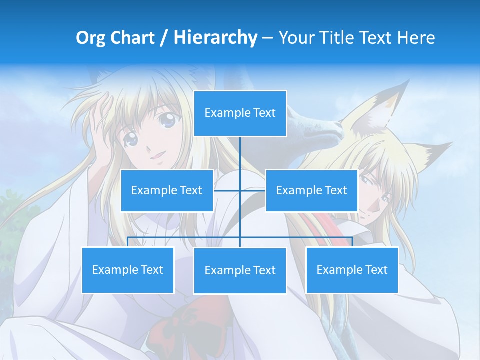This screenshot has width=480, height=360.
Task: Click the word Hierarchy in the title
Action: pos(215,38)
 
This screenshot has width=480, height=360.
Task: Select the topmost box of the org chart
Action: pos(240,113)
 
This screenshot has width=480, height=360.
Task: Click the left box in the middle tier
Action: pos(167,190)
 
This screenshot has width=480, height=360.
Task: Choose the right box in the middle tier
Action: pos(311,190)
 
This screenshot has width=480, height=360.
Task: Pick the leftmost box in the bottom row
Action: pos(128,270)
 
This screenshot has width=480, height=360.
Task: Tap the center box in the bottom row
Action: pos(240,271)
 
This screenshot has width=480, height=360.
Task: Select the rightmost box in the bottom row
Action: pos(352,270)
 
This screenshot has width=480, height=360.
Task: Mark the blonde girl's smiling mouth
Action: pos(158,156)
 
